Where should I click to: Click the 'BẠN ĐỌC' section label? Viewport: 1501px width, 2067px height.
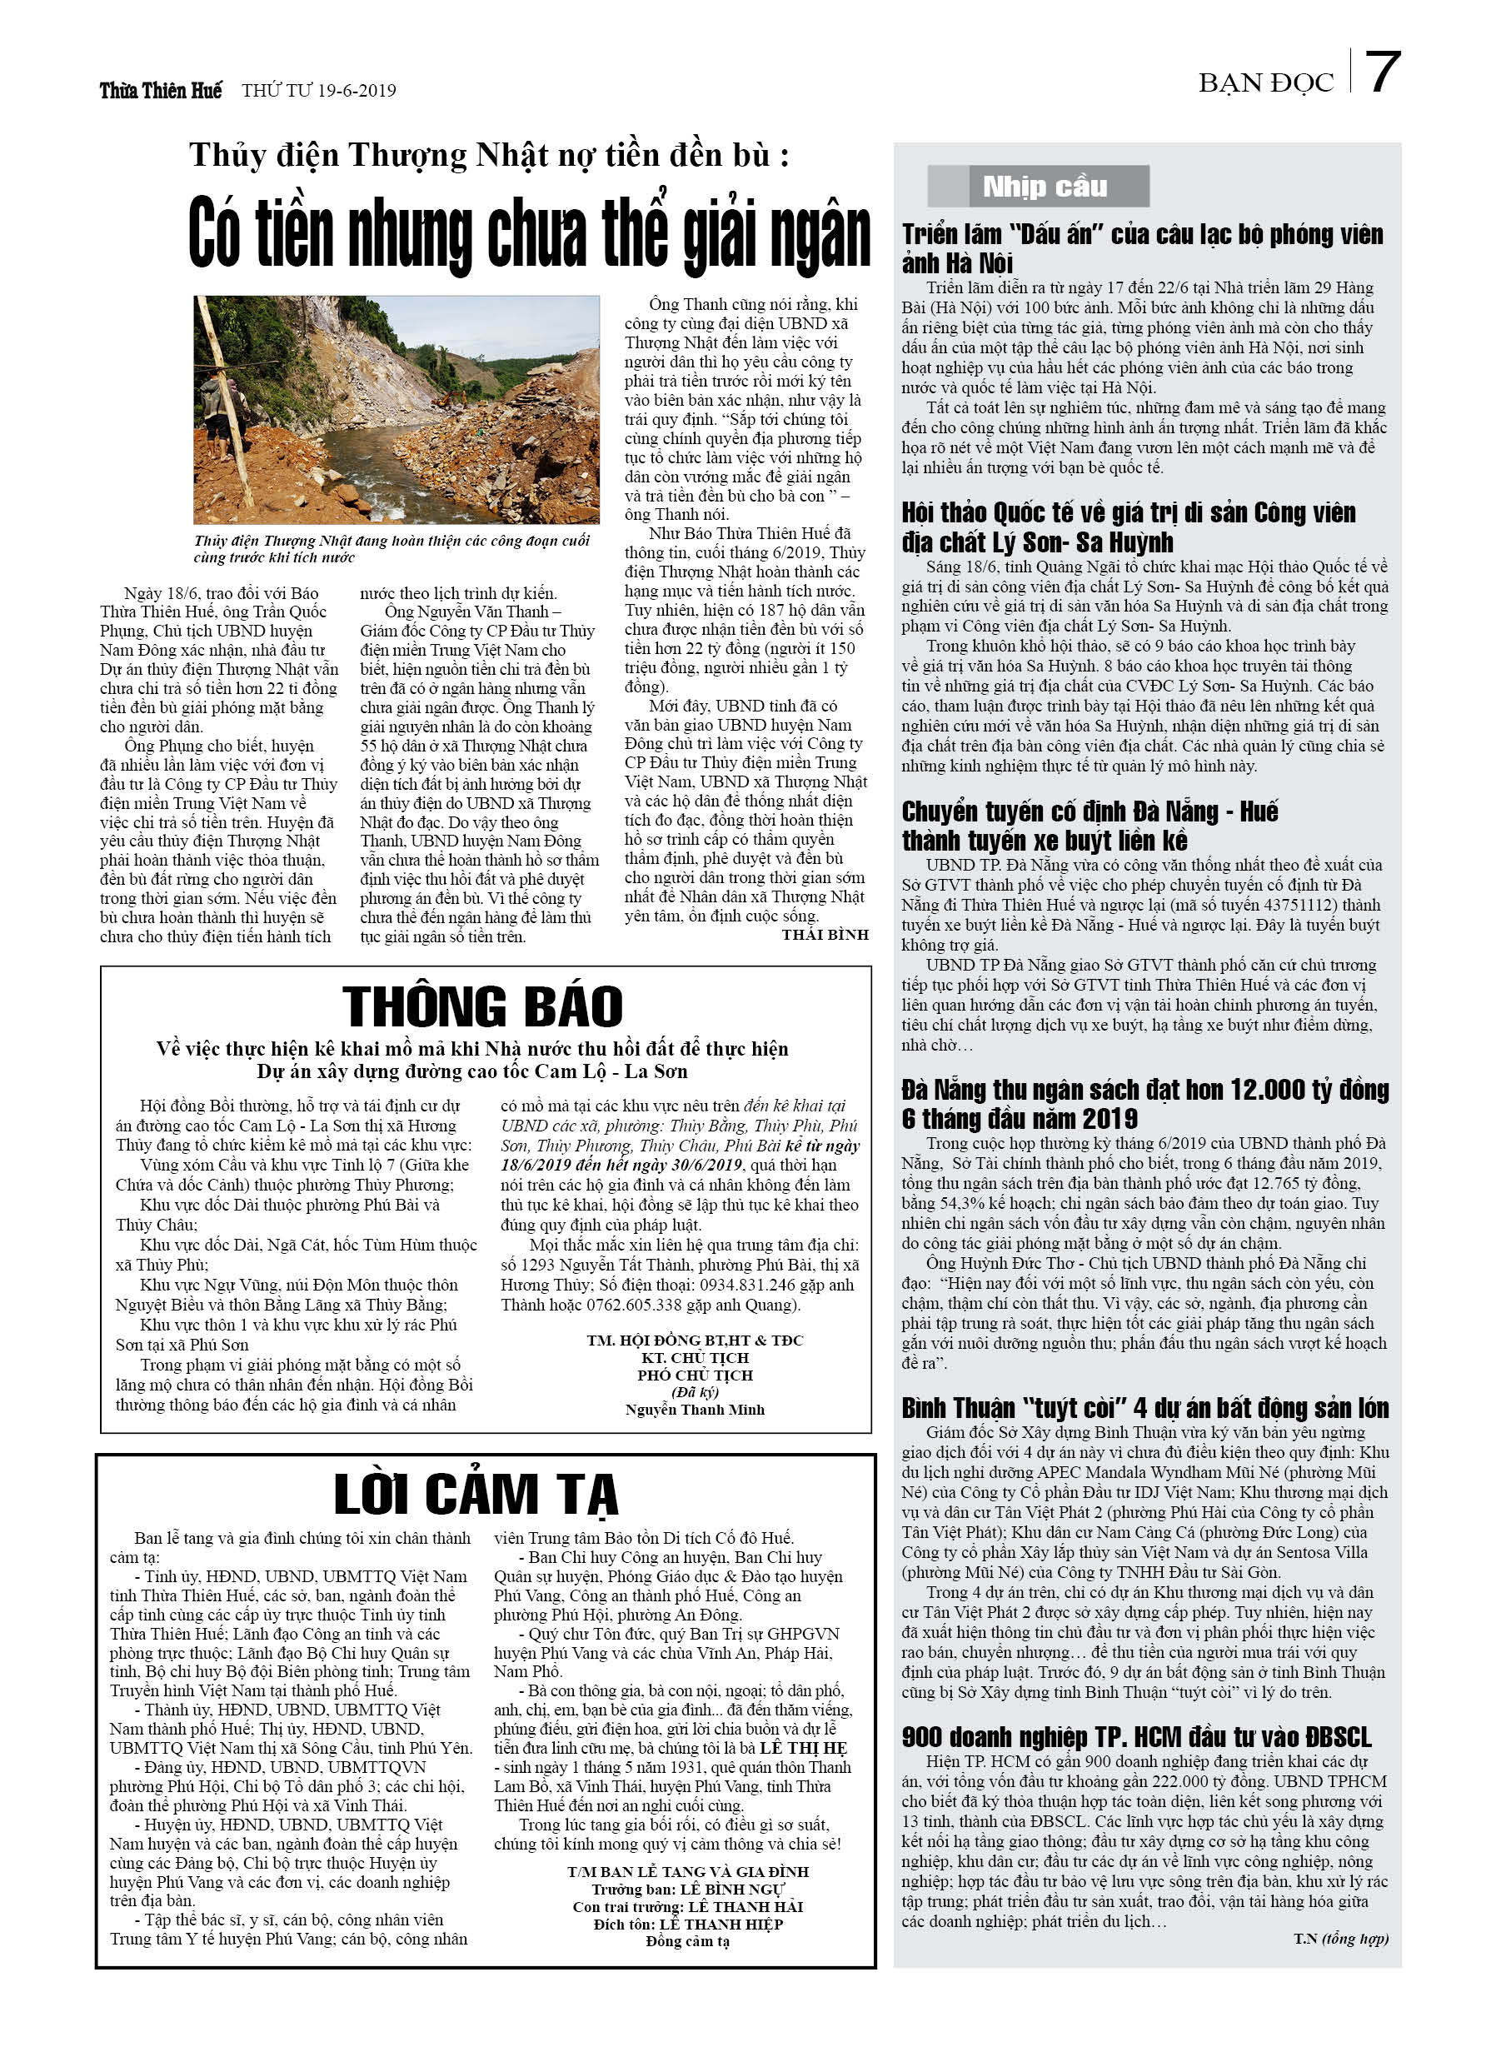tap(1265, 83)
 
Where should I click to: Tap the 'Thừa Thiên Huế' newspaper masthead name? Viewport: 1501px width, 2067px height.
tap(161, 90)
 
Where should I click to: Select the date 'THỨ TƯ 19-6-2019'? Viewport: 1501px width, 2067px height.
tap(319, 90)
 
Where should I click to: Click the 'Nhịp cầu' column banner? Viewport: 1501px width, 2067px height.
tap(1044, 187)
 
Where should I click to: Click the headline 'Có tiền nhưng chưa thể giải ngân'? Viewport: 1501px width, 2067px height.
tap(529, 235)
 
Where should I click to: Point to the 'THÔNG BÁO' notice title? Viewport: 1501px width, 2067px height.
tap(482, 1007)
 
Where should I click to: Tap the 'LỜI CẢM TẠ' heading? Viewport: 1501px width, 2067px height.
tap(476, 1495)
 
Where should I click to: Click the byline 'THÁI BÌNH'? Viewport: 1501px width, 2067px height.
tap(825, 934)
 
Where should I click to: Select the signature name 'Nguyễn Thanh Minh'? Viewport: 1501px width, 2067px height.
tap(695, 1409)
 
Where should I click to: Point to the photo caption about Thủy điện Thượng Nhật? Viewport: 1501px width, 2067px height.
tap(391, 549)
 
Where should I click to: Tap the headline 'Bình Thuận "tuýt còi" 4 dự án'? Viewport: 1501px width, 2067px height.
tap(1144, 1408)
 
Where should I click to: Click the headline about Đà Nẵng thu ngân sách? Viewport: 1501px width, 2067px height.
tap(1144, 1104)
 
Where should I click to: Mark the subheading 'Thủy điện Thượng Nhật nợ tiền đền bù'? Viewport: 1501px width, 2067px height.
tap(488, 156)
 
